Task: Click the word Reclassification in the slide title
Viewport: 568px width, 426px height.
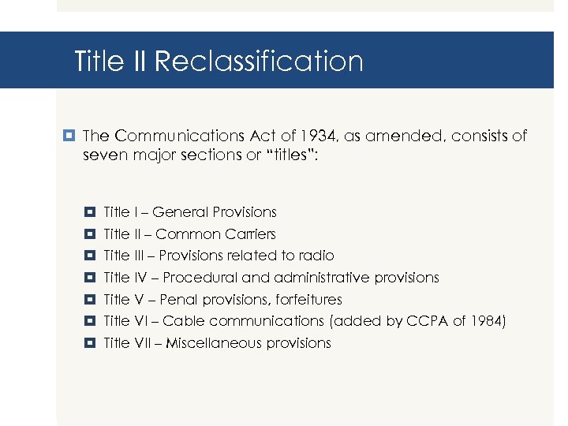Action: (259, 62)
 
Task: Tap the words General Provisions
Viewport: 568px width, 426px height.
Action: (215, 212)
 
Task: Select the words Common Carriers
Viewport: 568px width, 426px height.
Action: (216, 234)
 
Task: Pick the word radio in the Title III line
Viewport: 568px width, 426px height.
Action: (317, 256)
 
